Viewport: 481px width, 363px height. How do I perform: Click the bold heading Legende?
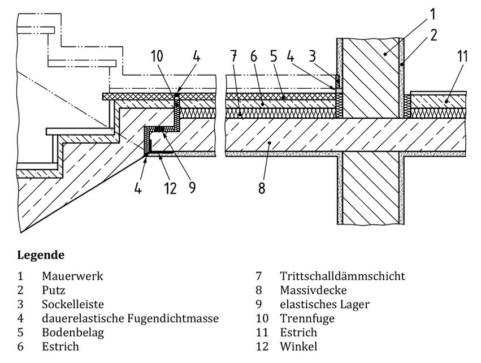point(41,255)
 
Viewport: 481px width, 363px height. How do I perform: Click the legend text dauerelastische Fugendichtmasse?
point(130,318)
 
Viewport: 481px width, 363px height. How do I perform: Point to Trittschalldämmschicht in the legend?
point(342,276)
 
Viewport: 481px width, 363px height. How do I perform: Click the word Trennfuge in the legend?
point(307,318)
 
